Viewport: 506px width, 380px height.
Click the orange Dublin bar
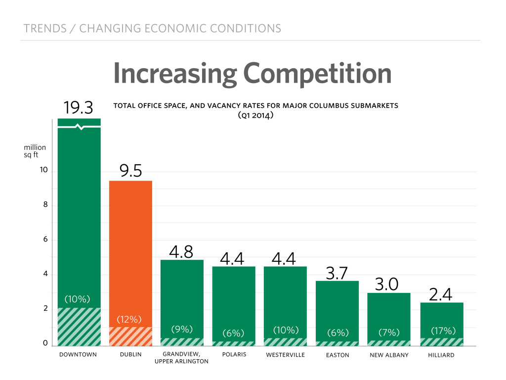click(130, 247)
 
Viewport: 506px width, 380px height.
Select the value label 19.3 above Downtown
click(79, 108)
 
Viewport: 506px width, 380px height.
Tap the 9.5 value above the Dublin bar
click(130, 171)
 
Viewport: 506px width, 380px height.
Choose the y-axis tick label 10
click(43, 170)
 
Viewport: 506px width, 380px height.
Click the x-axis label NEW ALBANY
click(388, 355)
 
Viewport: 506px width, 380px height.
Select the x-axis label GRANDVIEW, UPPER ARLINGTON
click(182, 358)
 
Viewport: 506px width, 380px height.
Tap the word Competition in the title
click(318, 73)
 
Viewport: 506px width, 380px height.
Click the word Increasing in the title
click(175, 73)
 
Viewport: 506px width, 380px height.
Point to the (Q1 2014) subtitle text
click(255, 115)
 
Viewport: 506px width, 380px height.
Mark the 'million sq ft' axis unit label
click(35, 151)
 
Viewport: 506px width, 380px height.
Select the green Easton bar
click(337, 307)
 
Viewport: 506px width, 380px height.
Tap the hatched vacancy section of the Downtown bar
click(79, 327)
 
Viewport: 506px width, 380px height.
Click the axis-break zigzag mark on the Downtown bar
click(79, 127)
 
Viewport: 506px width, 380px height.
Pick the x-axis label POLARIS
click(234, 355)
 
